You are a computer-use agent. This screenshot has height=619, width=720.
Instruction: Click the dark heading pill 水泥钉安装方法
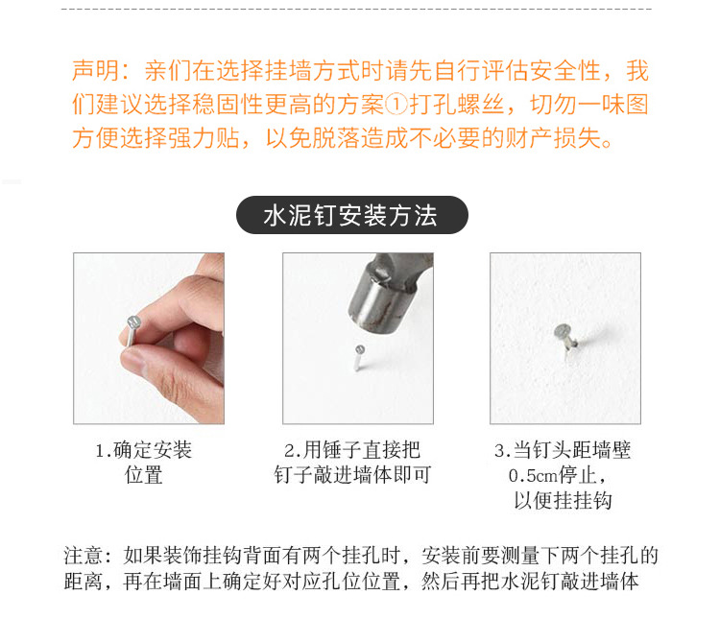pos(352,215)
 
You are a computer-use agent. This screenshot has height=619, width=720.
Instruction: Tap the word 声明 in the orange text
pos(95,70)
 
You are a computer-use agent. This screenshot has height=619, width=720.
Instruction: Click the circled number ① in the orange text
pos(396,105)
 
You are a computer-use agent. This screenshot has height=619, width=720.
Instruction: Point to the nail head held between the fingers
pos(133,322)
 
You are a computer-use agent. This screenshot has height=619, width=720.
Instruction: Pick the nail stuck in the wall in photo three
pos(565,339)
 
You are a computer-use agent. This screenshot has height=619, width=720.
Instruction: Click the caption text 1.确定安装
pos(143,450)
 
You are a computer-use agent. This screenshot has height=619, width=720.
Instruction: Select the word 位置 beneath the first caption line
pos(144,475)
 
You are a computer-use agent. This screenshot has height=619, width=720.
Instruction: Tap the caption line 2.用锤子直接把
pos(352,450)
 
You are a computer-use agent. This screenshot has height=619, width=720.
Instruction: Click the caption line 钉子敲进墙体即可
pos(352,475)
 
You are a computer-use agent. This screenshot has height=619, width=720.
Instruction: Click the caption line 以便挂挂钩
pos(563,500)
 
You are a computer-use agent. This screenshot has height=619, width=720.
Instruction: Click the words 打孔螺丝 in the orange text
pos(456,105)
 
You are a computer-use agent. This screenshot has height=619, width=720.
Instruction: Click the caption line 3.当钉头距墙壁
pos(563,450)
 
